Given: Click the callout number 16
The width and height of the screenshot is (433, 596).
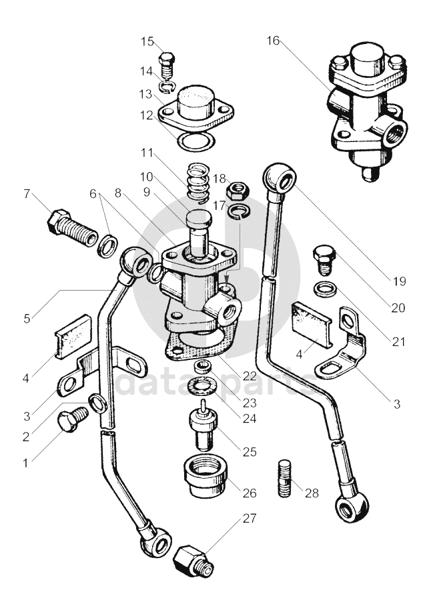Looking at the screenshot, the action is tap(273, 40).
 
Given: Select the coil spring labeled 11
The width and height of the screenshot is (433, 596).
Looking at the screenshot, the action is tap(199, 181).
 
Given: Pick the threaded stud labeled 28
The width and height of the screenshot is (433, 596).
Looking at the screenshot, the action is tap(285, 478).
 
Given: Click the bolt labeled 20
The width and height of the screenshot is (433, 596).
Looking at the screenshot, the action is tap(324, 259).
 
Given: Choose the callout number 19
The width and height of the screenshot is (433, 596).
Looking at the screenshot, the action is tap(399, 281).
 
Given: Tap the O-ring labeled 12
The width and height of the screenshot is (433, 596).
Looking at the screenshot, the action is tap(196, 142).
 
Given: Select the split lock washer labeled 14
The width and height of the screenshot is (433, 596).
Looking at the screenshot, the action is tap(167, 87).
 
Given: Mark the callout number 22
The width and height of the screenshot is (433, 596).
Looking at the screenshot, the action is tap(250, 376).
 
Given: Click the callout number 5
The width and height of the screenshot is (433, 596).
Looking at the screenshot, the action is tap(26, 318).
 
